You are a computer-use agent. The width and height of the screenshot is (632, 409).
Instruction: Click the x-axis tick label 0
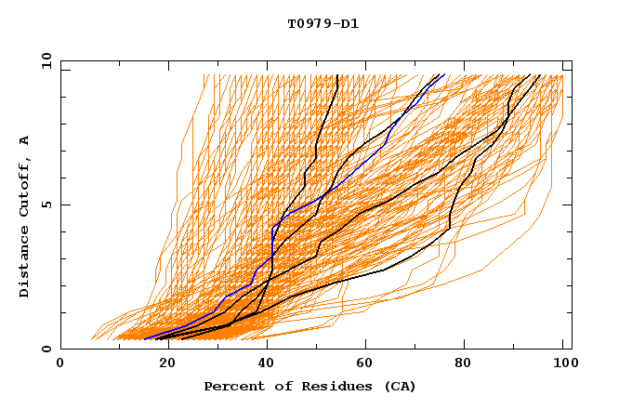60,365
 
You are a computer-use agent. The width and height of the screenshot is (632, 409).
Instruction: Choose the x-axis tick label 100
563,365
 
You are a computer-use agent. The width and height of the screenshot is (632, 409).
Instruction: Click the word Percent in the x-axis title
231,386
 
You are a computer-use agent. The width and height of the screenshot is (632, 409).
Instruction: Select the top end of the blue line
444,74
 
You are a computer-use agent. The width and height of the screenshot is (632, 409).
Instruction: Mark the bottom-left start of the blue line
145,339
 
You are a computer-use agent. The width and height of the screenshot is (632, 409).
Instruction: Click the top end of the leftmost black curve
337,75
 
